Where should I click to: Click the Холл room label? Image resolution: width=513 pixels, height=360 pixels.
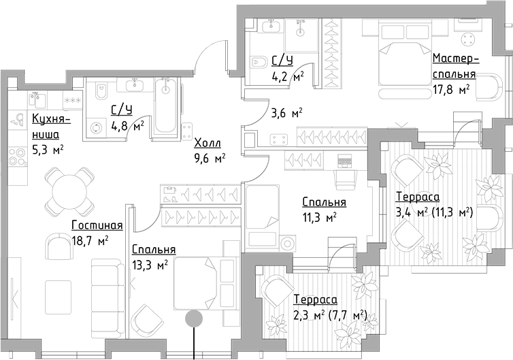pos(206,144)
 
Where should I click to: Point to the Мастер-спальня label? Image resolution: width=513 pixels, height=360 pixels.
pos(455,66)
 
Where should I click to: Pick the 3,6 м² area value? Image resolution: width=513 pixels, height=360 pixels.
pos(286,113)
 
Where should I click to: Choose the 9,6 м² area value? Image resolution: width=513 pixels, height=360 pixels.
pos(210,159)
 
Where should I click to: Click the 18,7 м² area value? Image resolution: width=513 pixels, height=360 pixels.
pos(90,240)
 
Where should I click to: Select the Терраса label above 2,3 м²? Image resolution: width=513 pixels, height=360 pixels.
pos(316,299)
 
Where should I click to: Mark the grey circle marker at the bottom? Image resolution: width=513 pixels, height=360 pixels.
pos(195,318)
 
